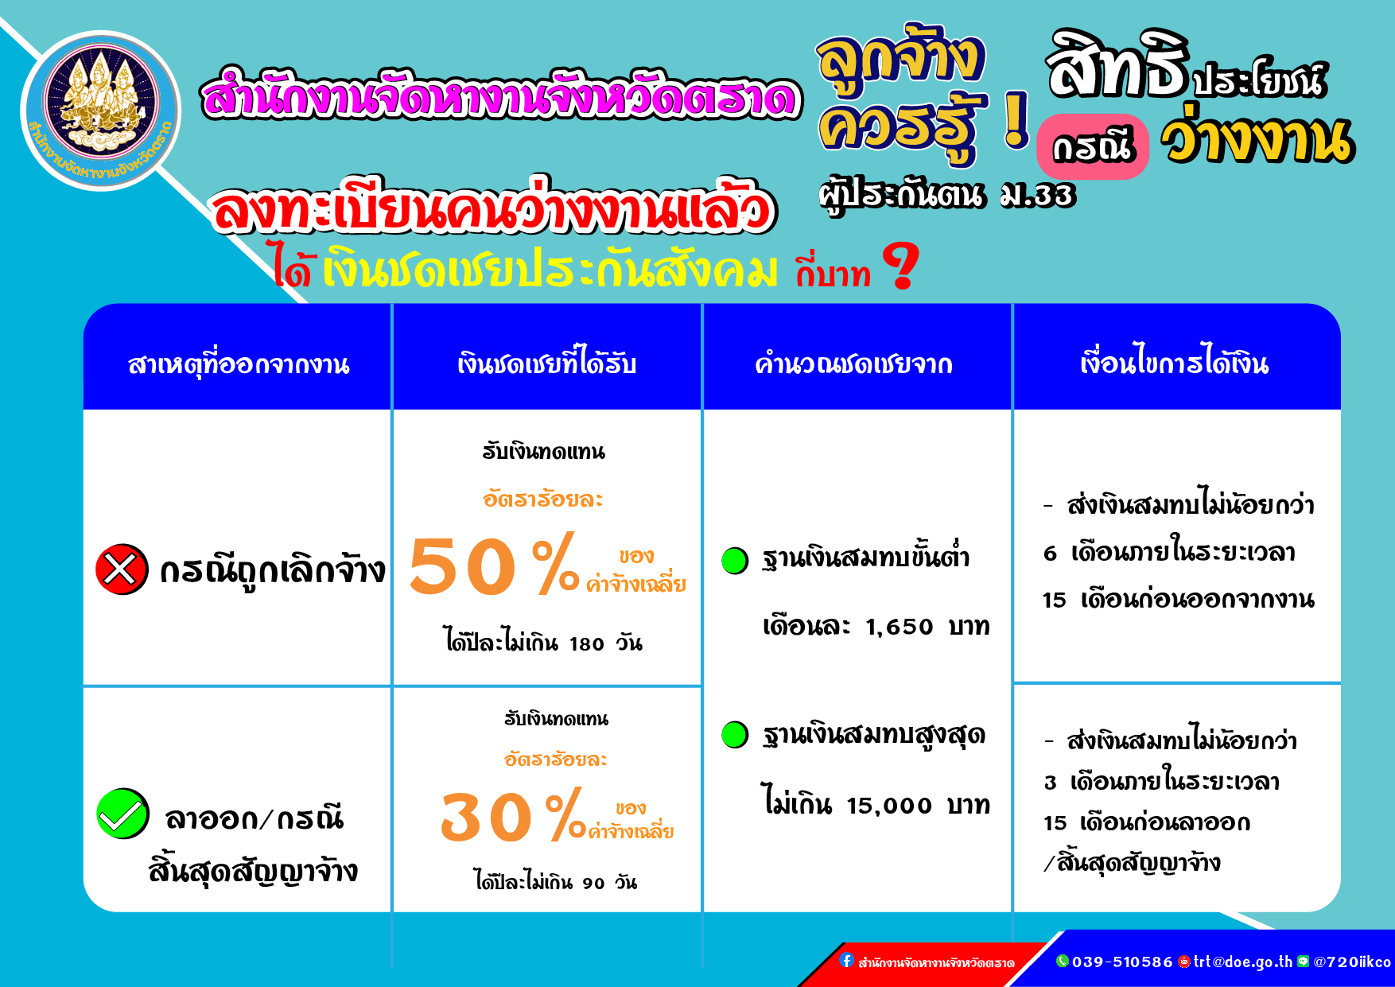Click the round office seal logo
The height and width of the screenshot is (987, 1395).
pyautogui.click(x=101, y=111)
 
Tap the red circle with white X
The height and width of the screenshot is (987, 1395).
pyautogui.click(x=121, y=569)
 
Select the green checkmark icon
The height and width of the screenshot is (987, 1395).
pyautogui.click(x=122, y=814)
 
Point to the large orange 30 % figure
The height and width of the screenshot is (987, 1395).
pyautogui.click(x=513, y=816)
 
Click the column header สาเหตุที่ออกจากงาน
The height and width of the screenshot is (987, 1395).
pyautogui.click(x=239, y=364)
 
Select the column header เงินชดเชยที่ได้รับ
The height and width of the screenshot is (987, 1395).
pyautogui.click(x=547, y=363)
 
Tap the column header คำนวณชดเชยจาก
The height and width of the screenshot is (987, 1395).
pyautogui.click(x=853, y=364)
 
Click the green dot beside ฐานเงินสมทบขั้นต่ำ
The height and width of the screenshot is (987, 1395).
pyautogui.click(x=735, y=560)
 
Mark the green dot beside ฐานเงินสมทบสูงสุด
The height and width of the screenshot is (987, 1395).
pyautogui.click(x=735, y=734)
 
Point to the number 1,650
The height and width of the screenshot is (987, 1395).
pyautogui.click(x=900, y=628)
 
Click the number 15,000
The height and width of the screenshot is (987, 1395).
pyautogui.click(x=889, y=806)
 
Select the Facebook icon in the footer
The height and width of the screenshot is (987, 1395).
pyautogui.click(x=846, y=961)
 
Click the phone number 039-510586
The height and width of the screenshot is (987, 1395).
pyautogui.click(x=1122, y=962)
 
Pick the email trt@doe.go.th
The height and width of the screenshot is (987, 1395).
pyautogui.click(x=1243, y=962)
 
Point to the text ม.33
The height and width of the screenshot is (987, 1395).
pyautogui.click(x=1038, y=195)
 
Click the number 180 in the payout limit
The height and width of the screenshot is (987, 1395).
pyautogui.click(x=587, y=644)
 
